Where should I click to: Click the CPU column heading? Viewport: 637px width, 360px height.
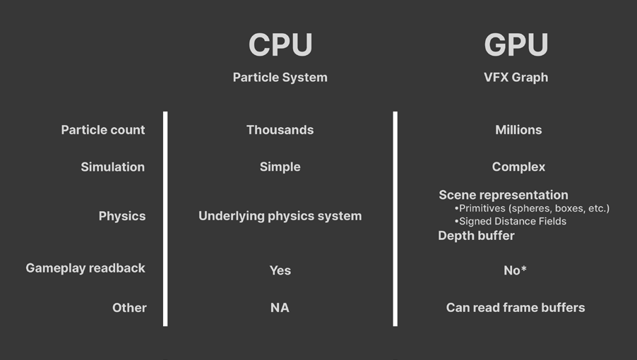click(280, 44)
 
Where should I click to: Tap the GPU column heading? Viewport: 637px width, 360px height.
click(516, 44)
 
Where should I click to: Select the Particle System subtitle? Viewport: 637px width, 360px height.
click(280, 77)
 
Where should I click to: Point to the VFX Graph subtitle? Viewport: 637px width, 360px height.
click(516, 77)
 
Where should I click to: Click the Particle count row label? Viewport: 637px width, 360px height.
click(103, 130)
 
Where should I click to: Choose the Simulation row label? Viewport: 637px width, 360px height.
click(112, 167)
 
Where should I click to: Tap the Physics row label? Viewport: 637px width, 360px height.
click(122, 216)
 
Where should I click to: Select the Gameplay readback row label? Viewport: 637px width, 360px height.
click(85, 268)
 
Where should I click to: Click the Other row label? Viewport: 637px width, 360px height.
click(129, 308)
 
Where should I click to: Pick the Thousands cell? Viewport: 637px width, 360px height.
click(280, 130)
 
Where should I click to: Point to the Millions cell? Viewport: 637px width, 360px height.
click(518, 130)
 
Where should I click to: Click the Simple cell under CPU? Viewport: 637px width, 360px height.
click(280, 167)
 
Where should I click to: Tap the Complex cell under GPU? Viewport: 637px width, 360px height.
click(518, 167)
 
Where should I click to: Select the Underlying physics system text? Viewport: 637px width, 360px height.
click(280, 216)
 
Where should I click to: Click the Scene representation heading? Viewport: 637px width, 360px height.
click(504, 195)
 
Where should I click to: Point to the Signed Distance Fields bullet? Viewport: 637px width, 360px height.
click(511, 221)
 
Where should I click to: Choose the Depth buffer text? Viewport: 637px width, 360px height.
click(476, 235)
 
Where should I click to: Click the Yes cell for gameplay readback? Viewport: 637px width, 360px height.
click(280, 270)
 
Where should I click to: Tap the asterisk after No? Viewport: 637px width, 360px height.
click(524, 268)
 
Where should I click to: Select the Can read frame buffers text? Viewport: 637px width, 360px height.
click(516, 308)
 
